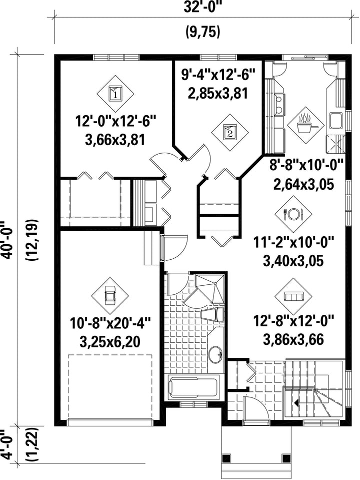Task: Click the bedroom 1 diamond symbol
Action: (x=115, y=93)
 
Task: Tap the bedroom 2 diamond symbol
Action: (x=230, y=132)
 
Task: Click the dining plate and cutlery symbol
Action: (x=293, y=213)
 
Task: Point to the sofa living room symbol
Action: (x=293, y=296)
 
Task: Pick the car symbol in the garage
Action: (x=110, y=296)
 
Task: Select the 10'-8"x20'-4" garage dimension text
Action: (x=110, y=324)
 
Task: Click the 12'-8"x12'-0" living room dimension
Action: (x=293, y=321)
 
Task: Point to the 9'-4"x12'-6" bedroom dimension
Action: (x=218, y=75)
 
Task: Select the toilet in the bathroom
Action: (x=213, y=315)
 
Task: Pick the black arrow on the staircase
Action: (x=296, y=403)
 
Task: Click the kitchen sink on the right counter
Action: (x=335, y=120)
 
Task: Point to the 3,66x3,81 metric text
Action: (x=115, y=140)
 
